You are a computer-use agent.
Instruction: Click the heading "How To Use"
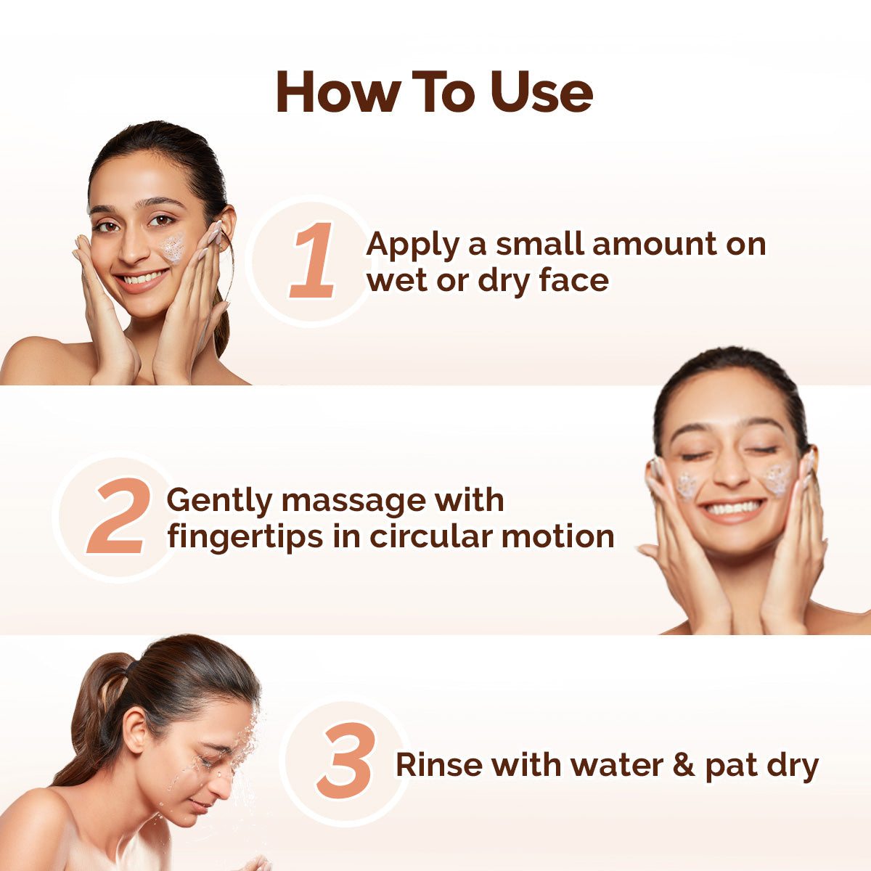click(x=434, y=93)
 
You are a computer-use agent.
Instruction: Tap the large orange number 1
click(x=313, y=261)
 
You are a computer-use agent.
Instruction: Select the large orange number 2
click(x=118, y=516)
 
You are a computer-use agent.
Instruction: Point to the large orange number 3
click(x=346, y=761)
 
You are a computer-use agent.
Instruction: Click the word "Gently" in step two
click(x=218, y=501)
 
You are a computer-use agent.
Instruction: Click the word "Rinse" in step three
click(x=438, y=765)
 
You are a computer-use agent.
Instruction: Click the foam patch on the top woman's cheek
click(x=173, y=247)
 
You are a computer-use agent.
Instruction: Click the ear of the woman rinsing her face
click(x=135, y=730)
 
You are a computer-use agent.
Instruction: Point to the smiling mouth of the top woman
click(x=142, y=279)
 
